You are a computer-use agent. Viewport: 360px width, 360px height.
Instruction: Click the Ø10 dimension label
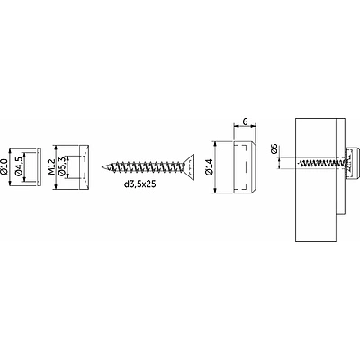4,166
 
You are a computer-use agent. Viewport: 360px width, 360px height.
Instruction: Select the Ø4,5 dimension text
19,166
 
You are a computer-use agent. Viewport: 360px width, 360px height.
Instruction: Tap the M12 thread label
51,166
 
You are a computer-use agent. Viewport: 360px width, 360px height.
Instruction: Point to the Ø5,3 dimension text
62,166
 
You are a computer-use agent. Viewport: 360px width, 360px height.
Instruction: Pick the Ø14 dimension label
210,166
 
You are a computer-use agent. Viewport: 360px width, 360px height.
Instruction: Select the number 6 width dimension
245,121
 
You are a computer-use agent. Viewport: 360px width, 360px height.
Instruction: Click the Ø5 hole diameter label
274,149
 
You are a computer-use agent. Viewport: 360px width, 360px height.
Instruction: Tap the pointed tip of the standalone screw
102,166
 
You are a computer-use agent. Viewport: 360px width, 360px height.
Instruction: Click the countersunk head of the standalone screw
189,166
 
